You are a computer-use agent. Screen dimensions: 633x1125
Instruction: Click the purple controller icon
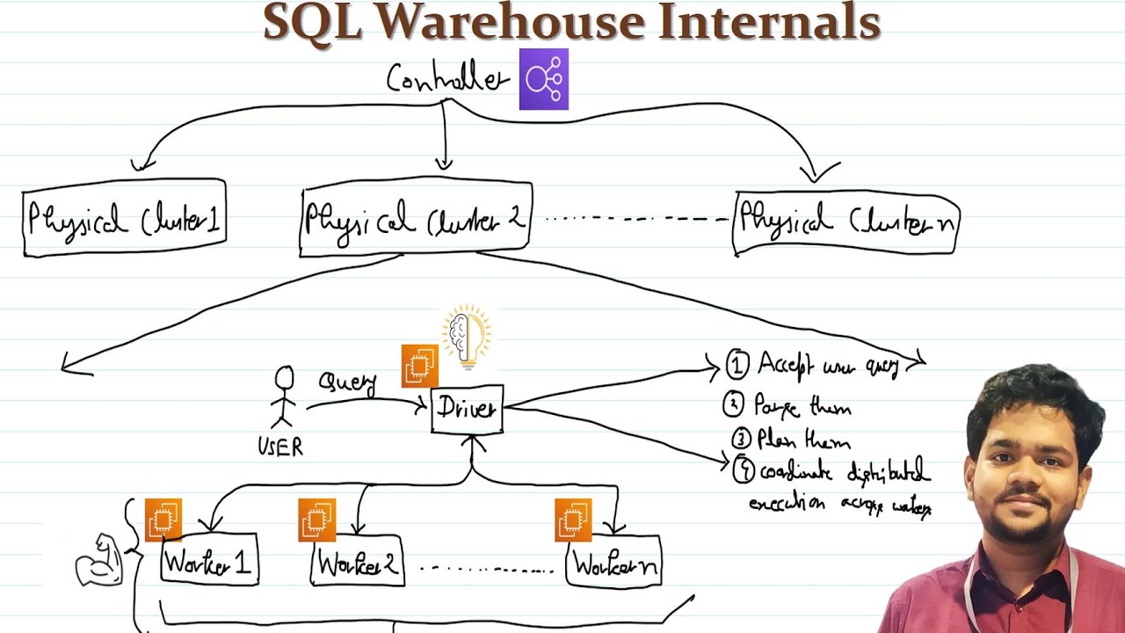pos(543,79)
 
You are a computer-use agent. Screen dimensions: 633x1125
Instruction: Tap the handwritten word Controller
pos(447,80)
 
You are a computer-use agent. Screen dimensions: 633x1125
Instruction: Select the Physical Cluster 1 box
pos(124,218)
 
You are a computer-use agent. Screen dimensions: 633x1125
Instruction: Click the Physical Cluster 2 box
pos(415,218)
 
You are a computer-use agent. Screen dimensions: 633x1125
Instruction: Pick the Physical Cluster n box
pos(846,222)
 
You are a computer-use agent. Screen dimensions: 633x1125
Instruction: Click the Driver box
pos(467,410)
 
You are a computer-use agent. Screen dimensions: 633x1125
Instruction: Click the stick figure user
pos(284,400)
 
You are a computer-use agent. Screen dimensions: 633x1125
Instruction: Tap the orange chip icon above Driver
pos(419,366)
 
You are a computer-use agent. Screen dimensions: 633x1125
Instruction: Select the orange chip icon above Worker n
pos(573,519)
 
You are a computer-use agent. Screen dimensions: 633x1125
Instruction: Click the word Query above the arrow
pos(348,383)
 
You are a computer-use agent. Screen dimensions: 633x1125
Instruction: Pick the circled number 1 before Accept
pos(737,363)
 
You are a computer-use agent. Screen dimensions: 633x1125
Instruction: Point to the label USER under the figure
pos(280,447)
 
